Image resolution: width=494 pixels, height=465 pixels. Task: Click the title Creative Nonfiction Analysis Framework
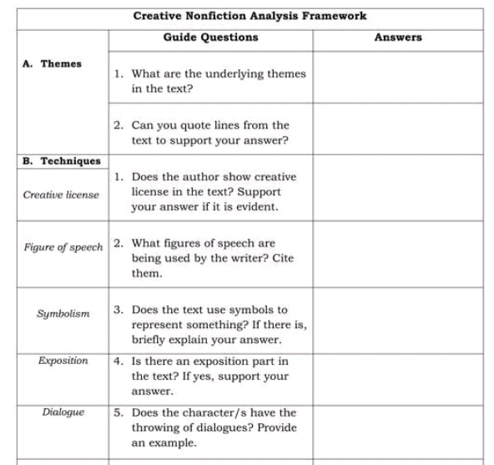250,16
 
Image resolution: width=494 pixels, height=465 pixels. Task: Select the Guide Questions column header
210,38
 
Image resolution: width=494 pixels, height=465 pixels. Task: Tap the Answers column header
398,38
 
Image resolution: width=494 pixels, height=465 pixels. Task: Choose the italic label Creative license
60,195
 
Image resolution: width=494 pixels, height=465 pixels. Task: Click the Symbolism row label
63,314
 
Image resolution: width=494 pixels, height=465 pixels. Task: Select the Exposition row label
63,361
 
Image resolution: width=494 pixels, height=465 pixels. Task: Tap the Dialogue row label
63,412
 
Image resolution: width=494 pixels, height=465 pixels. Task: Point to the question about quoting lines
208,133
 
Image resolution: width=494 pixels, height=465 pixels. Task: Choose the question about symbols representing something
213,325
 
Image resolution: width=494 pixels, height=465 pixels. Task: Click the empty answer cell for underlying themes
398,77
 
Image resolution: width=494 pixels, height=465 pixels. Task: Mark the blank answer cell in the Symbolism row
398,321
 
